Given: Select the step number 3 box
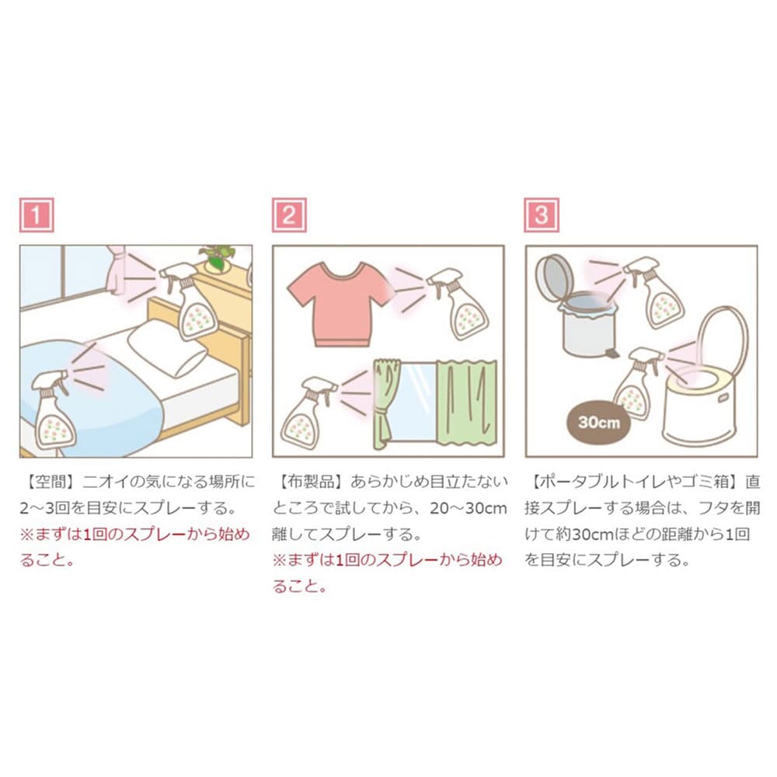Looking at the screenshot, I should (x=542, y=215).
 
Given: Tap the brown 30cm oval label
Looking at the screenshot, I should (x=599, y=423).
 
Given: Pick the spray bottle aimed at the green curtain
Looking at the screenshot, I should (x=306, y=412).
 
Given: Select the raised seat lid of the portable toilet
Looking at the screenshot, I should (x=723, y=342).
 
